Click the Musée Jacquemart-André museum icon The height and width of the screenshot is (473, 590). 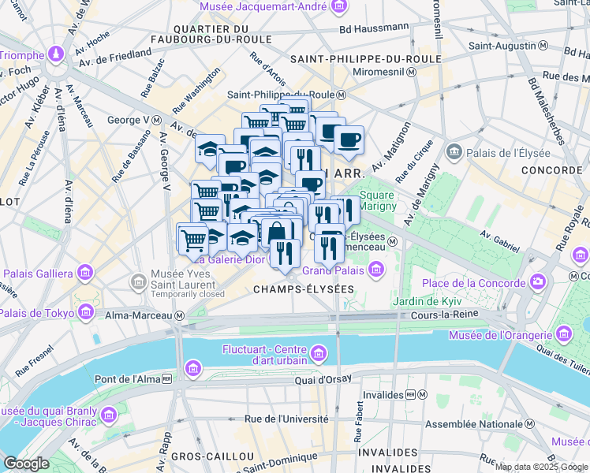tap(339, 7)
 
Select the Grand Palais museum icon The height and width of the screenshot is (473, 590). tap(375, 270)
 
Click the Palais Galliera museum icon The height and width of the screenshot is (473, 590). tap(84, 274)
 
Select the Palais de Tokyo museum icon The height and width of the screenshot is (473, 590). tap(84, 313)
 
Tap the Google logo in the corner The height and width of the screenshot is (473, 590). tap(26, 464)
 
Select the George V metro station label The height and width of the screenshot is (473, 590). tap(128, 120)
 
